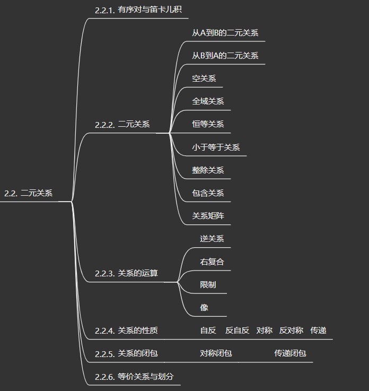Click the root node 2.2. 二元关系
29,194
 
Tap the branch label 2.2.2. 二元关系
122,125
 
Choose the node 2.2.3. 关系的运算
126,274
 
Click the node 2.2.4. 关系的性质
126,331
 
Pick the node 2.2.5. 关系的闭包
126,353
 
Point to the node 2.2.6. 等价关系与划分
134,377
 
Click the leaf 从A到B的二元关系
225,33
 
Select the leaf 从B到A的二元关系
225,56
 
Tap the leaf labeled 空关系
204,79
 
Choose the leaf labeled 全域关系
208,101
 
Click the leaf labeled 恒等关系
208,124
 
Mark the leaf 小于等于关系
216,147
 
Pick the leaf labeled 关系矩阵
208,216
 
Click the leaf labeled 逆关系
212,239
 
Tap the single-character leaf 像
204,308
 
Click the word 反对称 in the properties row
291,331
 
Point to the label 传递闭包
290,353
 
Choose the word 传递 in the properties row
318,331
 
